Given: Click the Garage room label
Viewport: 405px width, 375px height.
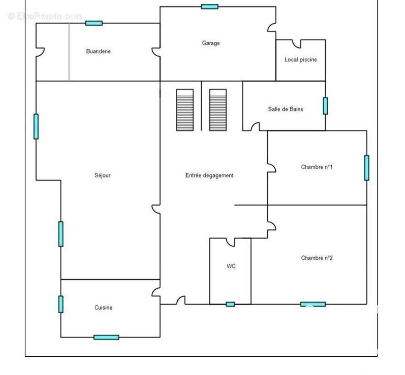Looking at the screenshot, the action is (x=211, y=43).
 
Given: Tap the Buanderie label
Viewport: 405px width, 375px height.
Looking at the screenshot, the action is (x=98, y=52).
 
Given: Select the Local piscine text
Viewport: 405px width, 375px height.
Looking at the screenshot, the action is (x=300, y=60).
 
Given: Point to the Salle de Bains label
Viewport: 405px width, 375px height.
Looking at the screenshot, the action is (x=285, y=109).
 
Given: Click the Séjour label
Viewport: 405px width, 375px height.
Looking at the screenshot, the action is (x=102, y=175).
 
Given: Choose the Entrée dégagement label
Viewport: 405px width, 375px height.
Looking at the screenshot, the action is (x=209, y=175).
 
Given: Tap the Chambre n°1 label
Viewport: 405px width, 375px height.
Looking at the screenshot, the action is (x=317, y=167).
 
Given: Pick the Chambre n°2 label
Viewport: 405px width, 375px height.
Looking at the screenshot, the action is (x=317, y=258).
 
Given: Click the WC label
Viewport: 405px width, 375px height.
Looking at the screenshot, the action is (x=231, y=266).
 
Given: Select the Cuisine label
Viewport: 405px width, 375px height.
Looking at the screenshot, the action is (x=103, y=307).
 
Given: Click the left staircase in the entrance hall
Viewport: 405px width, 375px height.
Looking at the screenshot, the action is (x=185, y=110).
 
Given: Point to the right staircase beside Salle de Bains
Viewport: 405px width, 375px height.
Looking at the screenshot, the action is (x=218, y=110).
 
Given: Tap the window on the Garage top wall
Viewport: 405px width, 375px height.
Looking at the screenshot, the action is (x=210, y=7).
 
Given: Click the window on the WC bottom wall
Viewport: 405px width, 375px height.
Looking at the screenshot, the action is (x=231, y=304).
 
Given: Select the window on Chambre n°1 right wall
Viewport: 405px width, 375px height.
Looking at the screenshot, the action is (x=367, y=168).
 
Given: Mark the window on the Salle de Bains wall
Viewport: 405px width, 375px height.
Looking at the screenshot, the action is (x=325, y=106).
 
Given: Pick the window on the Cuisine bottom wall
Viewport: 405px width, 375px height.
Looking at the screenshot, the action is (x=106, y=337).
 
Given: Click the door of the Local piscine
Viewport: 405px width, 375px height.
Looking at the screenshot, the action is (x=297, y=44).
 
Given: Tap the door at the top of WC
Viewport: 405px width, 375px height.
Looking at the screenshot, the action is (x=231, y=242).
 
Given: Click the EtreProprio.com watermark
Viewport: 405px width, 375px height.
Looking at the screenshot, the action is (x=45, y=16).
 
